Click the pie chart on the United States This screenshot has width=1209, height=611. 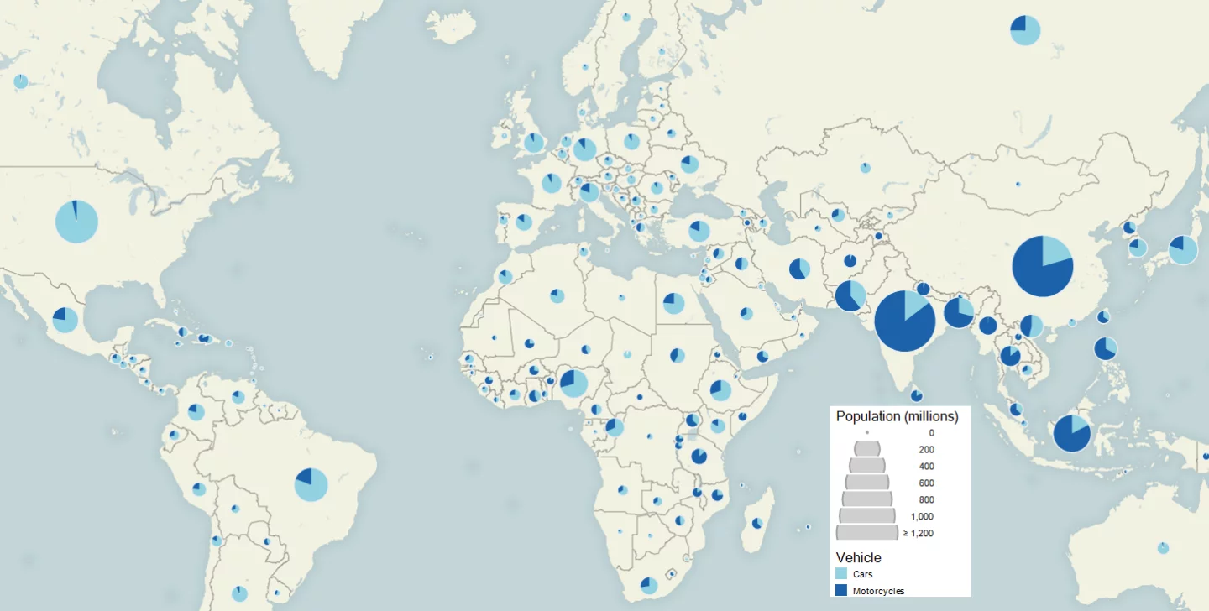(x=76, y=222)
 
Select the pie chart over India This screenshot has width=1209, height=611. (x=904, y=320)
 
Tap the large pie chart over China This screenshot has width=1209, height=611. (x=1042, y=266)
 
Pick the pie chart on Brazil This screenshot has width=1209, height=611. (x=311, y=484)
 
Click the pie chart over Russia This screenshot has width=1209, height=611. (x=1025, y=30)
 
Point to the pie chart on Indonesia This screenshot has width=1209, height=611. (x=1071, y=434)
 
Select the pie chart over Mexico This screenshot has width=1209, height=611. (x=65, y=320)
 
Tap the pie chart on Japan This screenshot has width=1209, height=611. (x=1183, y=250)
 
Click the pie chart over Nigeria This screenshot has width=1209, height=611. (x=573, y=383)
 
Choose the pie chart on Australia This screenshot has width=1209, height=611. (x=1163, y=548)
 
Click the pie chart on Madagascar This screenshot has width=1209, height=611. (x=757, y=523)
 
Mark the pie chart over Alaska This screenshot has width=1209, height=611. (x=20, y=81)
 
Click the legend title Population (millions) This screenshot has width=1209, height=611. (x=897, y=416)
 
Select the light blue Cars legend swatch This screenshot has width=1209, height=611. (x=841, y=574)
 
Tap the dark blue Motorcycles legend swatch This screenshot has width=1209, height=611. (x=841, y=591)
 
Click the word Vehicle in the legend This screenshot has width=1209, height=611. (x=858, y=557)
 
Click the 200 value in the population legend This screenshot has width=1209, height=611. (x=926, y=450)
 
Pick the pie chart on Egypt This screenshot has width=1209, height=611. (x=673, y=303)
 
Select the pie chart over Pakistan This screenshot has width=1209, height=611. (x=850, y=295)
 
